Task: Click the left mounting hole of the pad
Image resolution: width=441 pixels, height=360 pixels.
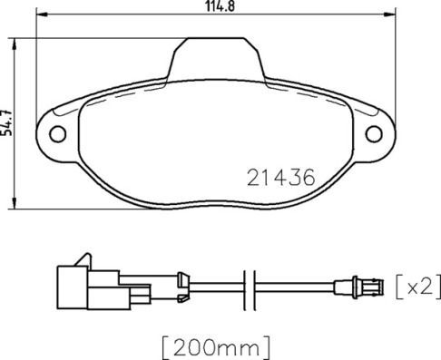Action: (x=58, y=135)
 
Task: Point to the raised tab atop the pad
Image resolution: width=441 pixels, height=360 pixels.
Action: (x=215, y=56)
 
